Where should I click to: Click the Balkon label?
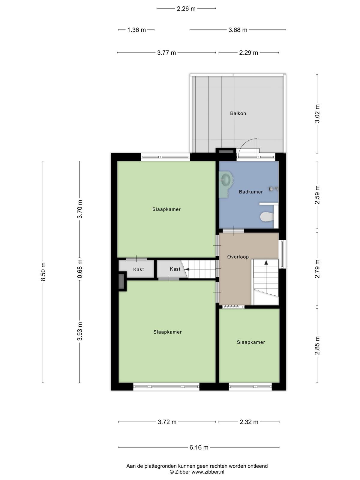238,113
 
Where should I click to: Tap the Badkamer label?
251,192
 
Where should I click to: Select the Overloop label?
238,257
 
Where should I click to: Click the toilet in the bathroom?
267,217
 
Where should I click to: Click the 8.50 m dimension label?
43,272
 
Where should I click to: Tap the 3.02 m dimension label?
317,113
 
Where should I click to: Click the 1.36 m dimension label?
136,30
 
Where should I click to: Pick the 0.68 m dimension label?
80,269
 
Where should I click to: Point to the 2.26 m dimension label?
186,9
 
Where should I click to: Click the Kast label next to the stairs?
175,269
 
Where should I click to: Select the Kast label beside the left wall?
138,269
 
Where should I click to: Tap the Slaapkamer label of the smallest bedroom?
251,342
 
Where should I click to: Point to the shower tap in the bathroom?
273,188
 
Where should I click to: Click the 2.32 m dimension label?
249,422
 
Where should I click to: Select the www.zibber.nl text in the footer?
208,472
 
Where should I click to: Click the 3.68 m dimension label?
238,30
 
